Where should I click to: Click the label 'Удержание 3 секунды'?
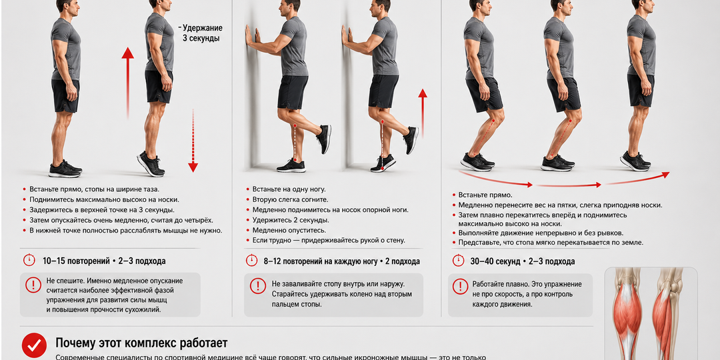[201, 33]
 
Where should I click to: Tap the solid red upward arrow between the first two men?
[127, 83]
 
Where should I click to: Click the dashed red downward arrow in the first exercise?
[193, 141]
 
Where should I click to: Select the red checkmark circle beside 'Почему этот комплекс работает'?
[35, 345]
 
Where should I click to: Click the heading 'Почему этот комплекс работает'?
[141, 343]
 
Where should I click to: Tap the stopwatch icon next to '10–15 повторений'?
[29, 261]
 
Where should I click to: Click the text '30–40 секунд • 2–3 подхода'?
[523, 261]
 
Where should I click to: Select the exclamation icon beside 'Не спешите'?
[33, 285]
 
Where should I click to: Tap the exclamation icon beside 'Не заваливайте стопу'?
[257, 285]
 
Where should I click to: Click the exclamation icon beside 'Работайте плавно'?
[461, 286]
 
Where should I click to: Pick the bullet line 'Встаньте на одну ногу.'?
[285, 189]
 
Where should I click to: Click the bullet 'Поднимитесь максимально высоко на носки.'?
[101, 199]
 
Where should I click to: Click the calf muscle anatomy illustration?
[651, 313]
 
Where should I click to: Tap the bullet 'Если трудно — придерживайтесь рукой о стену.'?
[326, 241]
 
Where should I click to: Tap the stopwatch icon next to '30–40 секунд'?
[458, 261]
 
